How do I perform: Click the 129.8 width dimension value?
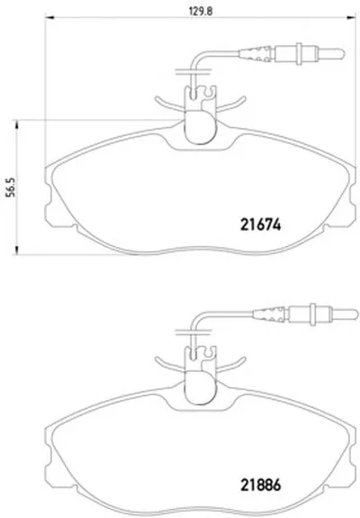coord(201,11)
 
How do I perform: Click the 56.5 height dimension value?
coord(11,187)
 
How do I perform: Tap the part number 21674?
coord(261,225)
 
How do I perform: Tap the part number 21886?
coord(261,485)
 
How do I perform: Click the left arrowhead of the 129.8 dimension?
coord(49,17)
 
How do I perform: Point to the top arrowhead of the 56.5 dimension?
coord(15,124)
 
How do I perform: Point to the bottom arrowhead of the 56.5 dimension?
coord(15,250)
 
